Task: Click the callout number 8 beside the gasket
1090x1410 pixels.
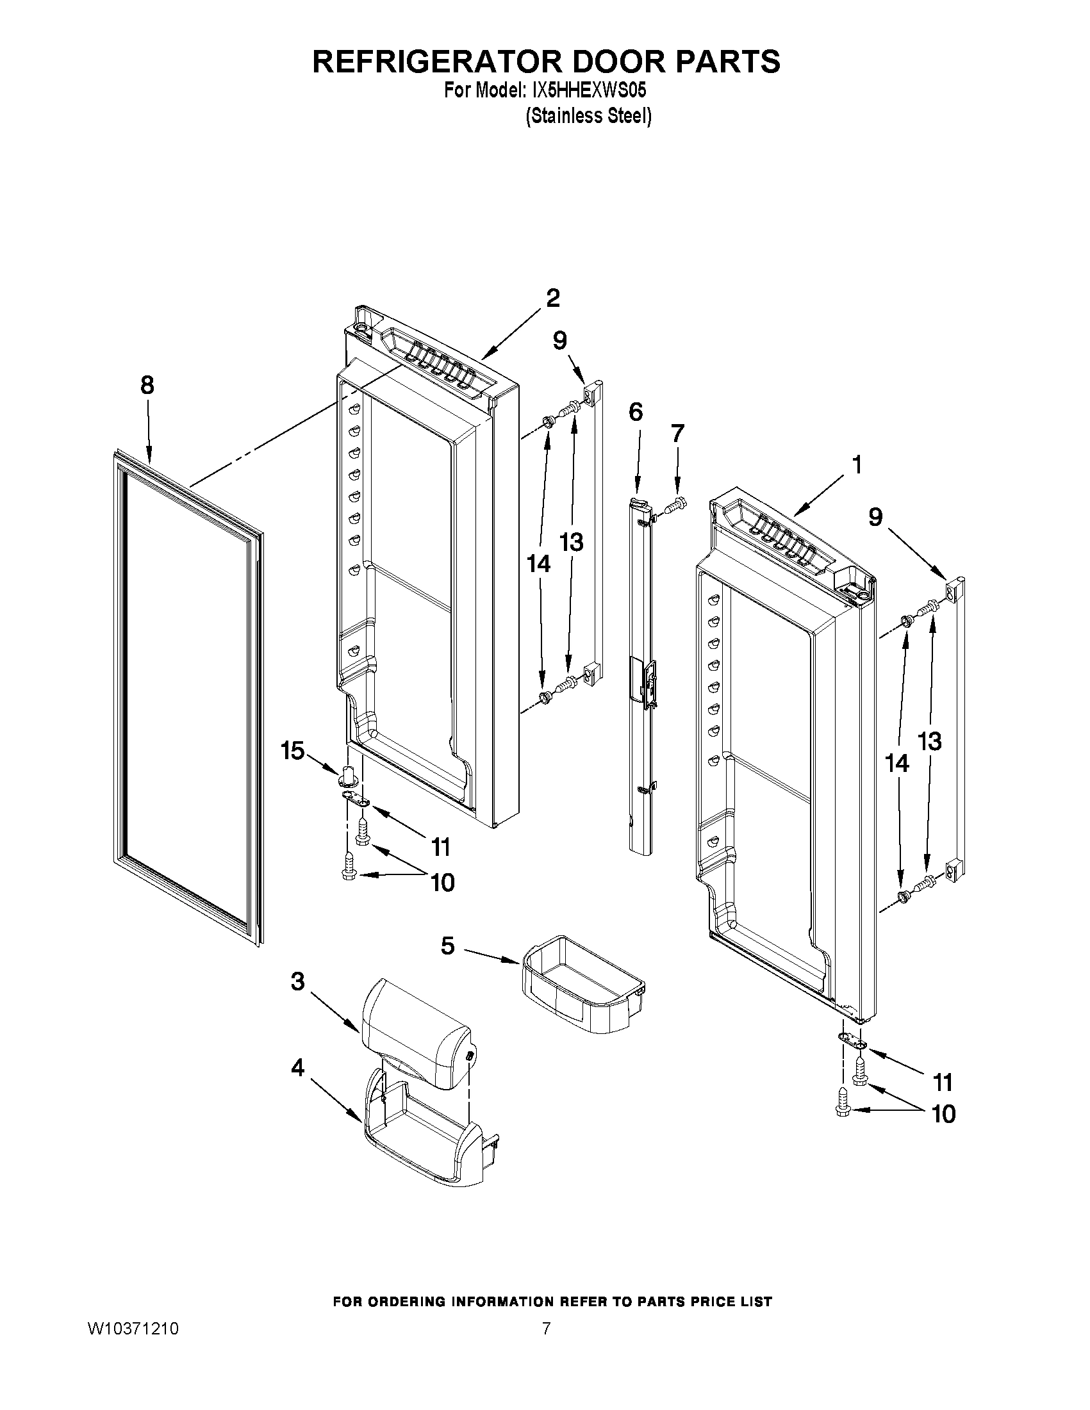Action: (147, 386)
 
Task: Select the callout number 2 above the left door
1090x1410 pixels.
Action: (553, 299)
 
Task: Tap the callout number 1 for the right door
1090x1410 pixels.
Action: (857, 464)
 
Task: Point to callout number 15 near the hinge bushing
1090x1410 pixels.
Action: (292, 750)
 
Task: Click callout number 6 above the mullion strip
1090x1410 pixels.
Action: (636, 411)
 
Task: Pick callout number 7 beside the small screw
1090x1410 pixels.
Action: (676, 433)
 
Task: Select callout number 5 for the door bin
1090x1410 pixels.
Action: (447, 946)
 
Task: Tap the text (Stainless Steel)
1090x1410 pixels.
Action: (588, 116)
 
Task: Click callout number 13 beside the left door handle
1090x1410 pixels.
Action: (571, 543)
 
